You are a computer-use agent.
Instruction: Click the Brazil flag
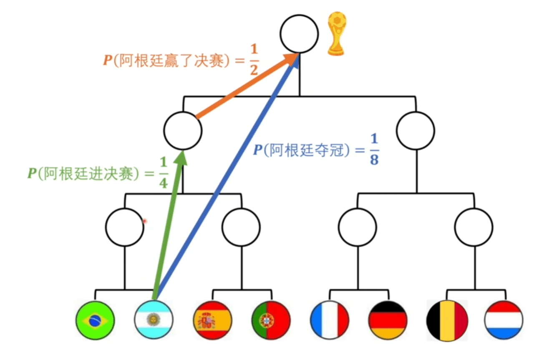95,320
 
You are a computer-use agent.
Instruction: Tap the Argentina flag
153,320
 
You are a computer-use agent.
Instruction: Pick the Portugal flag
271,320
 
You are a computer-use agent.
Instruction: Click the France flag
330,320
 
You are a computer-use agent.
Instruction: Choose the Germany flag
388,320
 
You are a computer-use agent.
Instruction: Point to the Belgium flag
446,320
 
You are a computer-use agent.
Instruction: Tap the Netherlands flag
504,320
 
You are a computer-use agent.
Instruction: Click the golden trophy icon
337,33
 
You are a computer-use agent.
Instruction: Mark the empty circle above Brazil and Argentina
124,227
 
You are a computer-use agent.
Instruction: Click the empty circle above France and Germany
358,227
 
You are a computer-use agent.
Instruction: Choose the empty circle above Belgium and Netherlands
474,227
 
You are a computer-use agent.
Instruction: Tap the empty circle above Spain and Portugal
241,227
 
